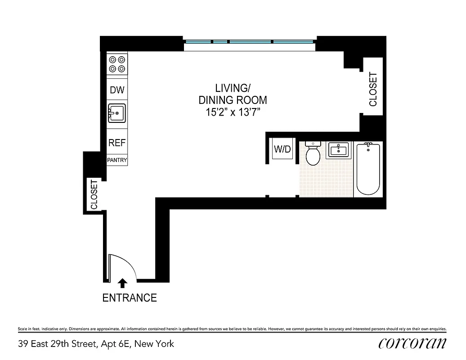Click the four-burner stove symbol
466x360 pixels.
[117, 64]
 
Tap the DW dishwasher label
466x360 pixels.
[117, 90]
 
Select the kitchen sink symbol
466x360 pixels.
[117, 112]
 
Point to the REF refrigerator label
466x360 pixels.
[117, 143]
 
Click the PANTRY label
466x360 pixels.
[117, 160]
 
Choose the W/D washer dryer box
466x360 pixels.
[282, 149]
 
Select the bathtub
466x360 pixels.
[368, 168]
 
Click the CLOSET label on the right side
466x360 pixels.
[373, 90]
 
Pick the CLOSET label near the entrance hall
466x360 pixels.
[94, 195]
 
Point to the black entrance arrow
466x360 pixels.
[122, 283]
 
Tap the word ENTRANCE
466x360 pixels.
[130, 298]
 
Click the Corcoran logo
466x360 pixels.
[412, 343]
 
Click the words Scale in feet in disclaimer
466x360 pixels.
[30, 329]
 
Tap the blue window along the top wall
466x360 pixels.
[250, 42]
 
